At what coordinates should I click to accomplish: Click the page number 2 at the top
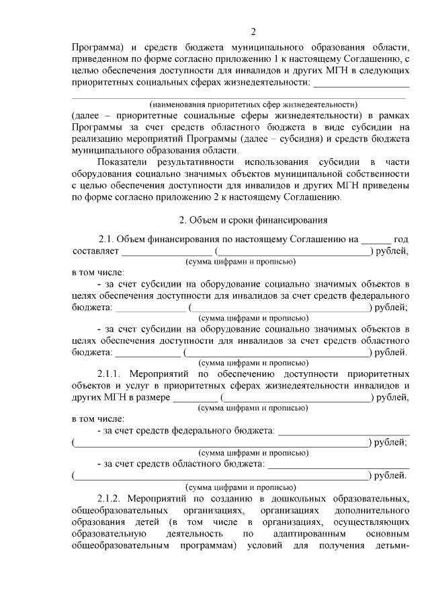click(x=253, y=32)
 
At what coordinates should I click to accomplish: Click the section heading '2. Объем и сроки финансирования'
click(x=253, y=220)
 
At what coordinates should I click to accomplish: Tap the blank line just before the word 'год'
click(x=375, y=239)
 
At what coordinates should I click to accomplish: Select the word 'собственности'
click(x=378, y=174)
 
